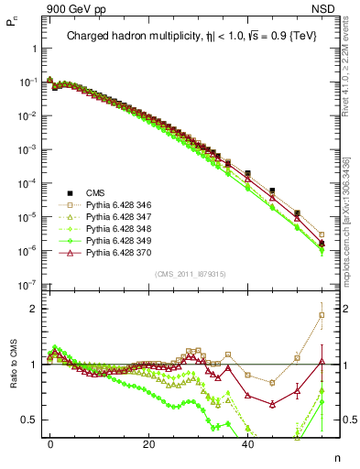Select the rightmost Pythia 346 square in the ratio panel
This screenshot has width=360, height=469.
pyautogui.click(x=321, y=315)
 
